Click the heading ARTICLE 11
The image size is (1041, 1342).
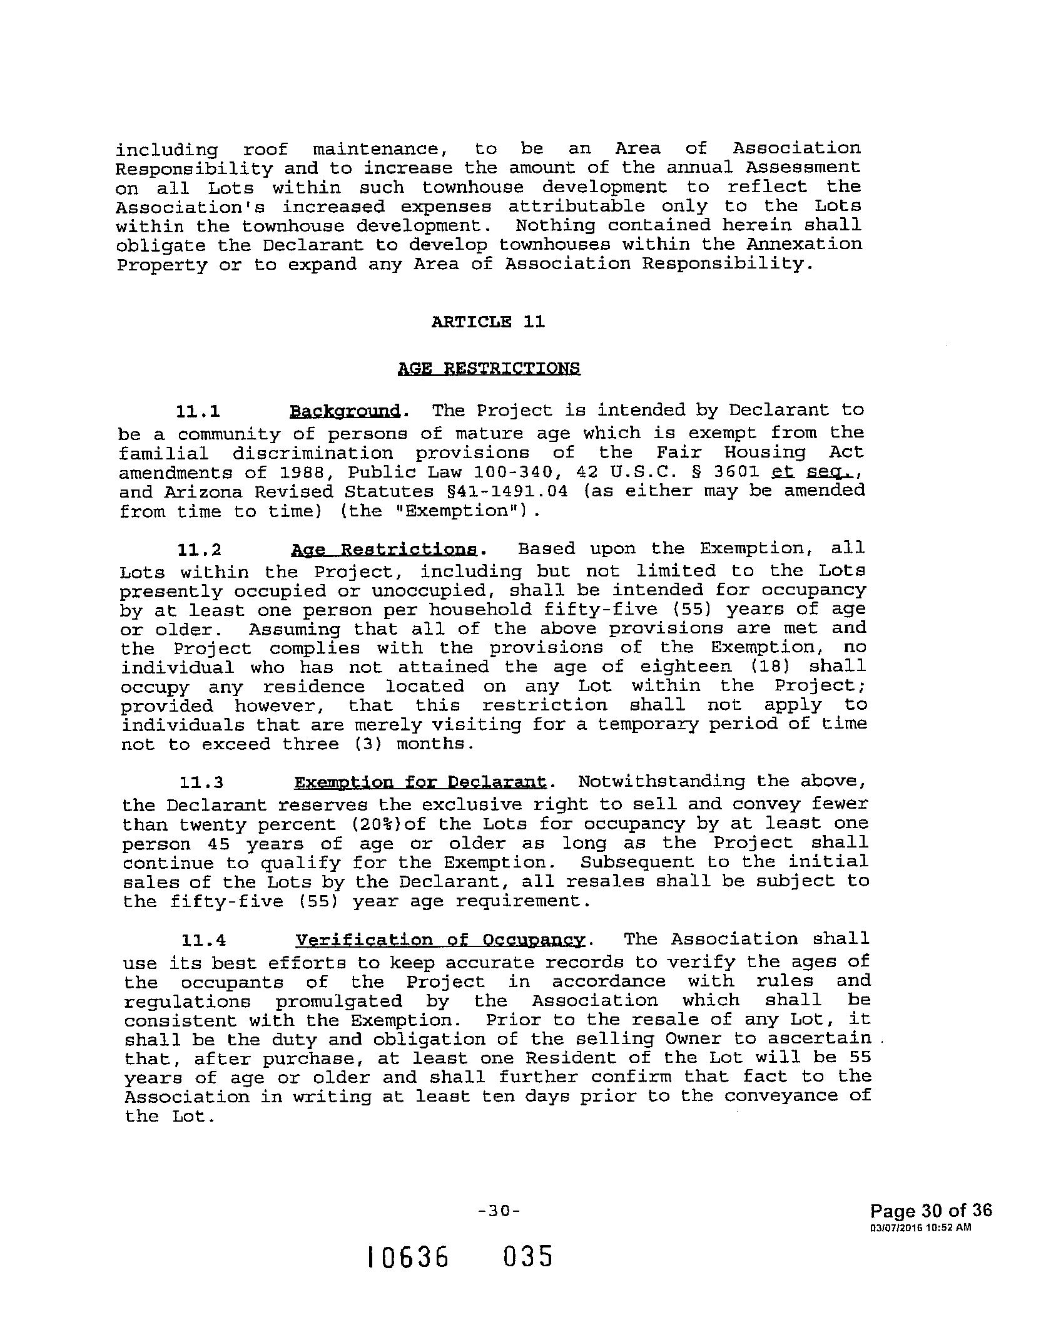(488, 322)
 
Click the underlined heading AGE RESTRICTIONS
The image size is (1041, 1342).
(489, 368)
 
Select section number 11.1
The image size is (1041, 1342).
(198, 412)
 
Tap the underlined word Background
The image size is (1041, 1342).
(345, 411)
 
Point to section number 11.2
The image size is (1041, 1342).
(200, 550)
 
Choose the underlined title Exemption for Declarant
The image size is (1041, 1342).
(420, 783)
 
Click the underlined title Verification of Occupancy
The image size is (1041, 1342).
(440, 940)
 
